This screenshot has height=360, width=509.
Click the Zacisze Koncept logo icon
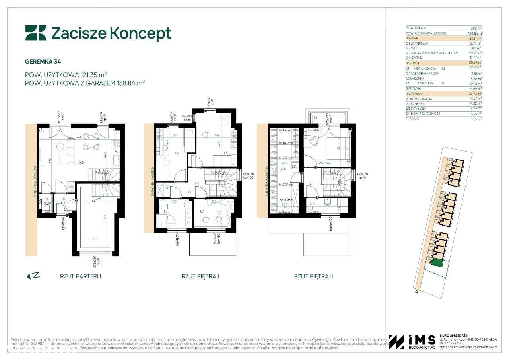[35, 33]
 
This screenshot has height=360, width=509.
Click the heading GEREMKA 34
[43, 62]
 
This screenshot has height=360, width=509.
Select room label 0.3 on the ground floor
[81, 162]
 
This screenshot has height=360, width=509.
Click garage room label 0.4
[93, 201]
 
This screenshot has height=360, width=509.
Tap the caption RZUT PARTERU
[80, 276]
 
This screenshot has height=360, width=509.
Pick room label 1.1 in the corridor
[189, 192]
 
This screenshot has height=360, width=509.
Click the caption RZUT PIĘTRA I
[200, 276]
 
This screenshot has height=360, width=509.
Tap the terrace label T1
[314, 118]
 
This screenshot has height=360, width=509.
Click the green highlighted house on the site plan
[437, 262]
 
